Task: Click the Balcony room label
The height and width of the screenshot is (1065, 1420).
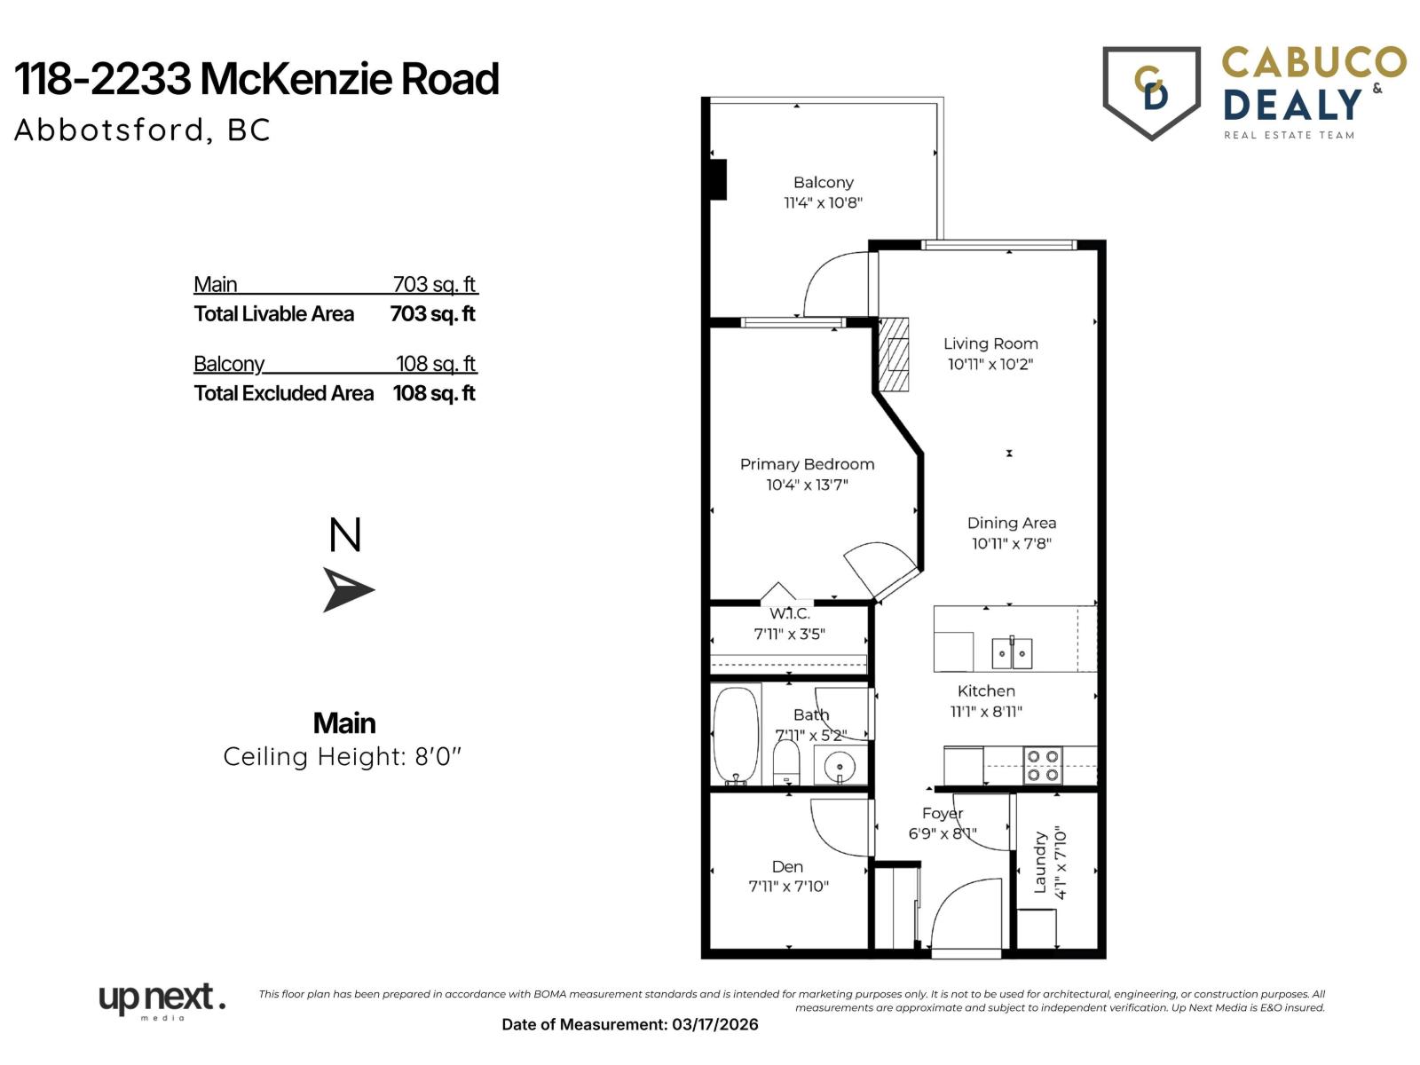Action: tap(823, 182)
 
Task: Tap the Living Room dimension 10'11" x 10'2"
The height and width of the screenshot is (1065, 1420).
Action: tap(990, 364)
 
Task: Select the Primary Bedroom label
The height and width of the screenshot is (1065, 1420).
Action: tap(807, 464)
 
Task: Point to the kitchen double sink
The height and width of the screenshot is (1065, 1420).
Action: tap(1012, 654)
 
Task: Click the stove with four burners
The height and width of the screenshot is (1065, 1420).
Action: tap(1042, 765)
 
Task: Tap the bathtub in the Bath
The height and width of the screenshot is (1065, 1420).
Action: tap(736, 735)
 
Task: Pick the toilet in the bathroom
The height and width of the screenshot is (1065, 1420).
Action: tap(786, 763)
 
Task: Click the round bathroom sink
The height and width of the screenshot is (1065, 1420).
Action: tap(838, 765)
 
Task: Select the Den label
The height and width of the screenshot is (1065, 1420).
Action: tap(787, 867)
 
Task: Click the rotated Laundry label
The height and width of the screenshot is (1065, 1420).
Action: tap(1040, 862)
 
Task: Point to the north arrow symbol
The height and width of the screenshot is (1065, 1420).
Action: tap(348, 589)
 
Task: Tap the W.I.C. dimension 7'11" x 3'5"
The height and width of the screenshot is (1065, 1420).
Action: tap(789, 634)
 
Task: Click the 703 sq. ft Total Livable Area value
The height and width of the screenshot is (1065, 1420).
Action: tap(433, 314)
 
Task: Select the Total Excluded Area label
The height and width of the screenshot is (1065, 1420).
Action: tap(284, 393)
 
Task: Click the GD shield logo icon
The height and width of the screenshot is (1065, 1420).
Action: tap(1151, 91)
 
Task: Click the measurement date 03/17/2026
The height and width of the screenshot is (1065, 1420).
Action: tap(714, 1024)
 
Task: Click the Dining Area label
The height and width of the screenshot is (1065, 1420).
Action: tap(1011, 523)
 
